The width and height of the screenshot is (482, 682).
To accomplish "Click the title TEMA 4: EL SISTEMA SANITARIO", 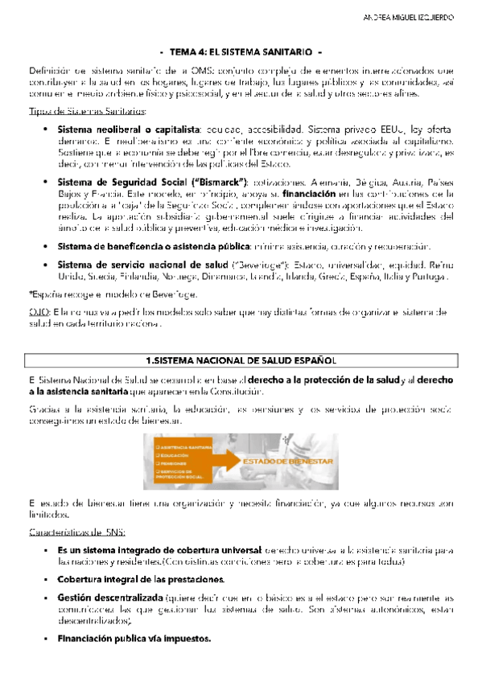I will point(241,50).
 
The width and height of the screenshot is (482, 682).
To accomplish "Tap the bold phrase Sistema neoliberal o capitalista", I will point(129,129).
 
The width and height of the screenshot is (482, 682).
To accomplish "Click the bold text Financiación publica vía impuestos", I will point(134,640).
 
